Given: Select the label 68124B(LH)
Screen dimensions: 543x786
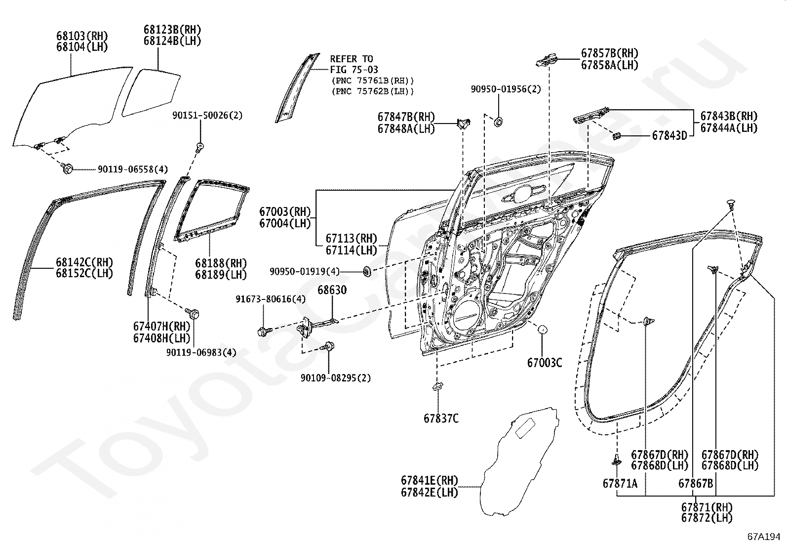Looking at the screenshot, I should click(172, 41).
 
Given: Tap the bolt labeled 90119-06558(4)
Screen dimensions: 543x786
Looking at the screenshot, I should click(68, 169).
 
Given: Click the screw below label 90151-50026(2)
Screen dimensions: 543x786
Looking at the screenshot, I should click(200, 147).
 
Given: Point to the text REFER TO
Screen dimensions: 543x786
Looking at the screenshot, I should click(352, 59).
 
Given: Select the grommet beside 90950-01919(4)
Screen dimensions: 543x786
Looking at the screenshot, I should click(367, 271).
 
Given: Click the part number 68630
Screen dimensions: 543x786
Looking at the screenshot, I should click(332, 290).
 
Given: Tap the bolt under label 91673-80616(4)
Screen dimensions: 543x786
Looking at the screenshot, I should click(263, 332).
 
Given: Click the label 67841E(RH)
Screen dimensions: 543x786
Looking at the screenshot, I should click(429, 480).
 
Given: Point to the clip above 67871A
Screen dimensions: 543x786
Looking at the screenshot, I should click(616, 460).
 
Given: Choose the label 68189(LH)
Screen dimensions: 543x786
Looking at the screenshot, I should click(221, 275).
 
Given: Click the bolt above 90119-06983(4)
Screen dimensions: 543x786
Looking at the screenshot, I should click(193, 313).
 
